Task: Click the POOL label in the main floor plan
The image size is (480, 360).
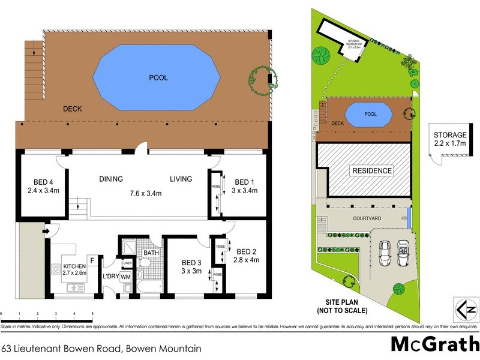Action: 158,77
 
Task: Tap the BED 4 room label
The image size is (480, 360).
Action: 41,182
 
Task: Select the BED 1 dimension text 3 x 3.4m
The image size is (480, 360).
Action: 245,191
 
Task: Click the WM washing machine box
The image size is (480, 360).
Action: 125,277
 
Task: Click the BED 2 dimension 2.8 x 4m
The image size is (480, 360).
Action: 246,261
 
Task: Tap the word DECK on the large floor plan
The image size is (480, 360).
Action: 72,109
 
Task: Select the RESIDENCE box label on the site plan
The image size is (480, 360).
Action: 372,171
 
